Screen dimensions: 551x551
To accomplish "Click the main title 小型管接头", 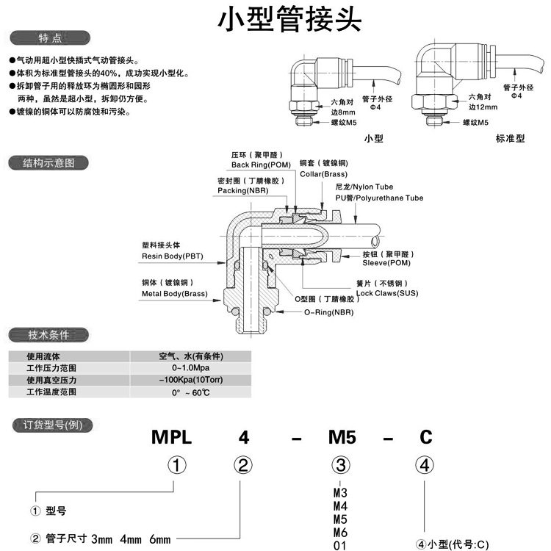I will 290,20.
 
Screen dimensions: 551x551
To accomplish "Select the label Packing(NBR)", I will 243,190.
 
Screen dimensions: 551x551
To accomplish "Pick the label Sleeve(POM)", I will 386,262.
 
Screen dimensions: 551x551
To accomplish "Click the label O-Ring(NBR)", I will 332,312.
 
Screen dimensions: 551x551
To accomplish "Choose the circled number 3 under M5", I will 341,465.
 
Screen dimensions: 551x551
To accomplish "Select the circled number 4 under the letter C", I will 425,465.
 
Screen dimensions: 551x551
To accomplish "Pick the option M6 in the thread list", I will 339,533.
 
